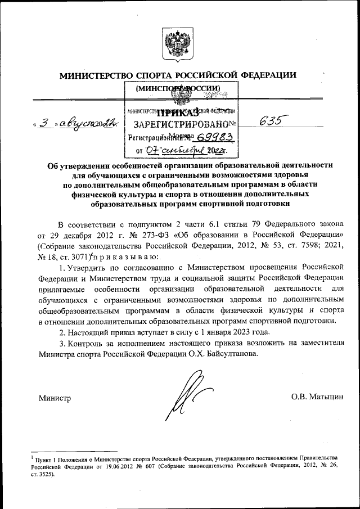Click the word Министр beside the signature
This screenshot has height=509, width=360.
pos(55,398)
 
